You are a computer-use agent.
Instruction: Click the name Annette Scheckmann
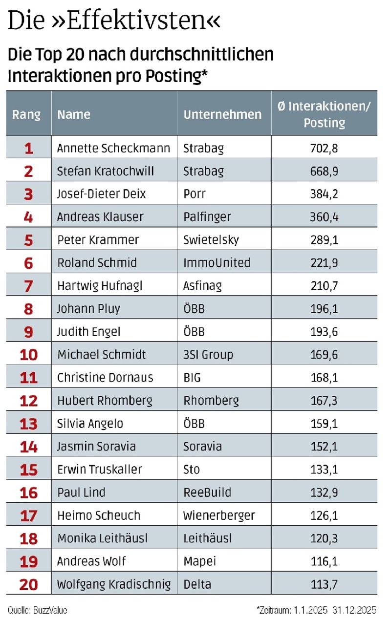coord(113,148)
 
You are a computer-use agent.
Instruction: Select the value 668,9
coord(324,171)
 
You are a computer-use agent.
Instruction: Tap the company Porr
coord(195,194)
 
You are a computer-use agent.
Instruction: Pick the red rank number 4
coord(28,217)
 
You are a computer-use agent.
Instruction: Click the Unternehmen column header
coord(223,114)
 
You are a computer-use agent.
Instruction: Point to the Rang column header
coord(26,114)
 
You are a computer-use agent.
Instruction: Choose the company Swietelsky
coord(211,240)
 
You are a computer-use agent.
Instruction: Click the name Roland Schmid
coord(97,263)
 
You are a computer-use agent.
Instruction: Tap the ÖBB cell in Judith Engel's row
coord(194,332)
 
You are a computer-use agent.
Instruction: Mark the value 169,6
coord(324,355)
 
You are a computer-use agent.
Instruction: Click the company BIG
coord(192,378)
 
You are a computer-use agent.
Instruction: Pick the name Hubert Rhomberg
coord(105,401)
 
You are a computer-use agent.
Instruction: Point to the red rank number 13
coord(28,424)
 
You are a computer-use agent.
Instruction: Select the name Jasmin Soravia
coord(96,447)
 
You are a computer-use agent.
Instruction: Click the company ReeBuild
coord(207,493)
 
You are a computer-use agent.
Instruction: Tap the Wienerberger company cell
coord(219,515)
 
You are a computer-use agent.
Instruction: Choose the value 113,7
coord(324,584)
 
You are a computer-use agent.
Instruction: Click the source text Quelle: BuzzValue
coord(37,610)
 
